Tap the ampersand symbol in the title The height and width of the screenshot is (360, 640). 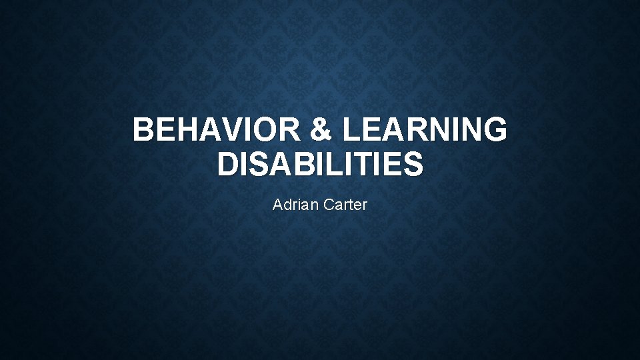point(321,129)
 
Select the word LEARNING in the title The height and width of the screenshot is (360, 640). point(424,129)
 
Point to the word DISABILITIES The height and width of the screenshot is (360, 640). point(320,164)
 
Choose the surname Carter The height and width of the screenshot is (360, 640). point(344,205)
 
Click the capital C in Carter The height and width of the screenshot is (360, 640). point(328,205)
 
